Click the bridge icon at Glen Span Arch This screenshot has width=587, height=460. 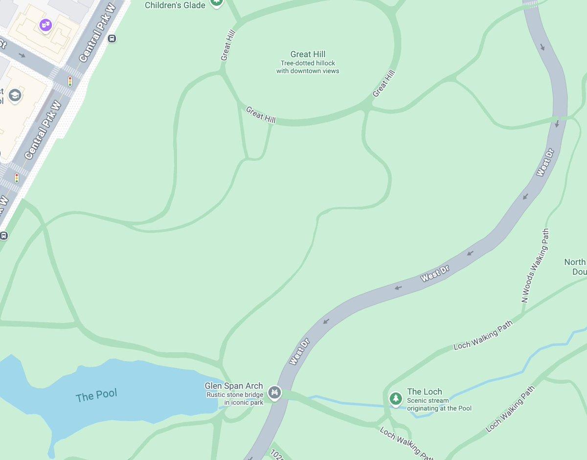275,392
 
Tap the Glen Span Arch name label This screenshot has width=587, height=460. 233,386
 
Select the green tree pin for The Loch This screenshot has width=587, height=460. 395,398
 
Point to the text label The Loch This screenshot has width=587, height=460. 424,392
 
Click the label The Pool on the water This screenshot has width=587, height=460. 96,395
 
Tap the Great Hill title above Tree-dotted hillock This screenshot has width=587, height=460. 308,54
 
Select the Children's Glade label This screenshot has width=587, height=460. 175,5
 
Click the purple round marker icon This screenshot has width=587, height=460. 45,25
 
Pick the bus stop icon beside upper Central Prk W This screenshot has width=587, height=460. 112,39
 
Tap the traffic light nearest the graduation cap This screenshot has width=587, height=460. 70,81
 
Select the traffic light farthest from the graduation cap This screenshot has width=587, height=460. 17,178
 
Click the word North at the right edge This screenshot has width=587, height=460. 575,263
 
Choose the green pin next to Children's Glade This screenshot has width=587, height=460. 216,2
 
